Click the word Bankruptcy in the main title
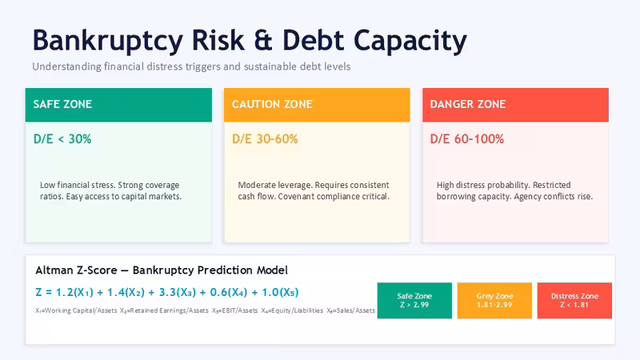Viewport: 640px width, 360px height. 108,42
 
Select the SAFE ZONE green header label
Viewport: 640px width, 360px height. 62,104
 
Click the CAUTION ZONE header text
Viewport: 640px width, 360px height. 272,104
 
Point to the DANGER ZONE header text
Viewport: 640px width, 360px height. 468,104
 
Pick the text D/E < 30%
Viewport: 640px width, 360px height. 62,138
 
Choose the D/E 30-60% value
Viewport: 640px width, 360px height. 265,138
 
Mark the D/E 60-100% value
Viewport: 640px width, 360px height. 467,138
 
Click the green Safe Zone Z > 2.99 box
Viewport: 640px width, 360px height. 414,301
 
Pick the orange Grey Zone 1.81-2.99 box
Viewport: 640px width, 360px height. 494,301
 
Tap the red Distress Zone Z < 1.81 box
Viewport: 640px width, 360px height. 574,301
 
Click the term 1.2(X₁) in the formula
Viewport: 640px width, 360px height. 74,293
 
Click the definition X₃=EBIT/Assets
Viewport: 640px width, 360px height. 234,310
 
